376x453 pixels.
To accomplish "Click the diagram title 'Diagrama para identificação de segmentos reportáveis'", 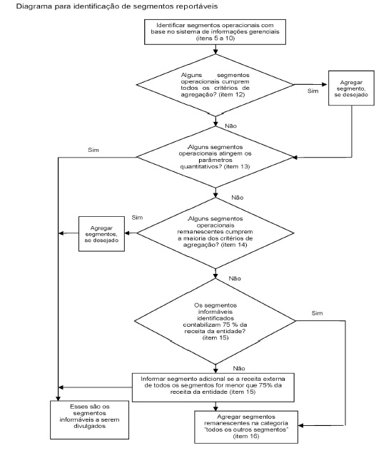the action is point(117,6).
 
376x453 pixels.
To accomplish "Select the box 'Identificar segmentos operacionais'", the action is point(215,32).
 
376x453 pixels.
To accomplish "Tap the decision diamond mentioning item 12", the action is point(215,85).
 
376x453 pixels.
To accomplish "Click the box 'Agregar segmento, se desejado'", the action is point(351,88).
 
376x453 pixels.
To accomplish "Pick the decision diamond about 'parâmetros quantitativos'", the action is point(215,157).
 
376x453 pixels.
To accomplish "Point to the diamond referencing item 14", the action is point(215,233).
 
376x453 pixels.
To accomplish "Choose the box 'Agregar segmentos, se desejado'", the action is point(102,234).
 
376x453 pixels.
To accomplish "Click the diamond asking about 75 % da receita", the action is point(215,321).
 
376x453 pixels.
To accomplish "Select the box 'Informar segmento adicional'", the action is point(213,387).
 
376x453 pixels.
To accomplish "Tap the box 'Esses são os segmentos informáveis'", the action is point(90,419).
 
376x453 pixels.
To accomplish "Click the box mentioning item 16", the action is point(246,427).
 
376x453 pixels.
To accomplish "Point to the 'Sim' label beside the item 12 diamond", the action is point(313,91).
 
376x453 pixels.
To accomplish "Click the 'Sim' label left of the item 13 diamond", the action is point(93,150).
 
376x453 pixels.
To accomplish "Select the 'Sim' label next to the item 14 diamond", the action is point(137,218).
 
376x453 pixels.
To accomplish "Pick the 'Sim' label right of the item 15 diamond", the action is point(317,313).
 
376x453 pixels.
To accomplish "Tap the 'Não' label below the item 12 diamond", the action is point(230,126).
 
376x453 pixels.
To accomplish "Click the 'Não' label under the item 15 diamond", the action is point(239,368).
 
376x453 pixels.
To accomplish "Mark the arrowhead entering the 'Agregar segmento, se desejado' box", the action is point(325,85).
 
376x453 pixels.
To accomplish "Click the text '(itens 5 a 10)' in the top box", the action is point(215,39).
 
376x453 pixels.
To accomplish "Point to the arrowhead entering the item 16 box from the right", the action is point(301,426).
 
